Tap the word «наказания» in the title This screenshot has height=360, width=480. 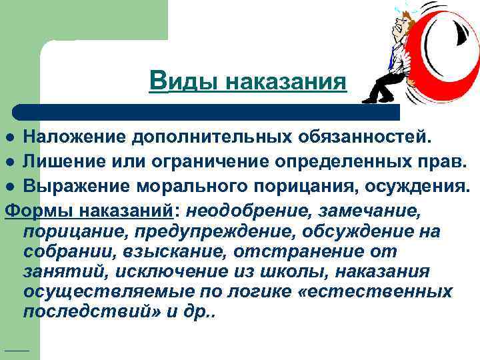pyautogui.click(x=286, y=82)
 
